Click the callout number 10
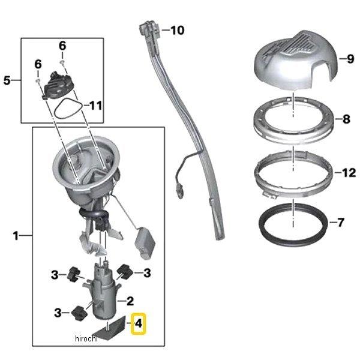179,29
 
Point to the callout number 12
348,173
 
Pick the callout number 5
7,80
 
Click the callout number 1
16,236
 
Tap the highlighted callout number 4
139,325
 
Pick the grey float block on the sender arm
146,241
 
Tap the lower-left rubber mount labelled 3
77,313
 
